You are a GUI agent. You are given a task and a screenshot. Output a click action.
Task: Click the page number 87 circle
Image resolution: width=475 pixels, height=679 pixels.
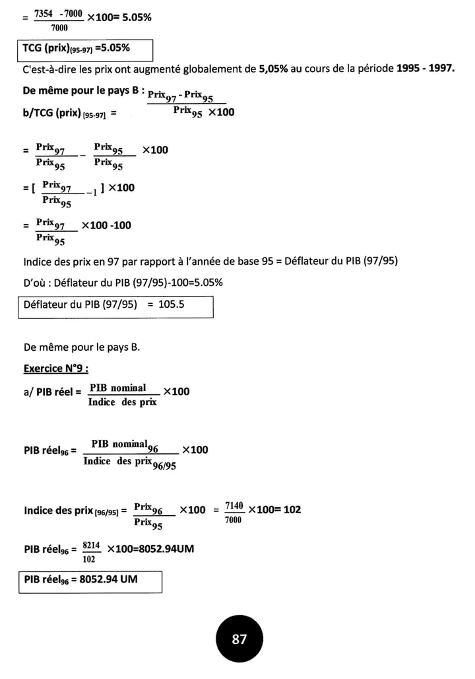(x=239, y=639)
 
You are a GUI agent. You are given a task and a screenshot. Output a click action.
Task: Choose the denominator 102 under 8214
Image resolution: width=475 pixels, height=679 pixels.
(x=89, y=559)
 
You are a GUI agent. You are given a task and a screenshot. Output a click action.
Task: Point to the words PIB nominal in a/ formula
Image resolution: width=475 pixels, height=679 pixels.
(x=119, y=388)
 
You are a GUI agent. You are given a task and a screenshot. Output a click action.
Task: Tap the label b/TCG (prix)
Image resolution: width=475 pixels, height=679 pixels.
(x=61, y=113)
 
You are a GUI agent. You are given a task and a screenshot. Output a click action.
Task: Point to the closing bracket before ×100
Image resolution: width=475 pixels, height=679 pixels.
(x=103, y=188)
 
